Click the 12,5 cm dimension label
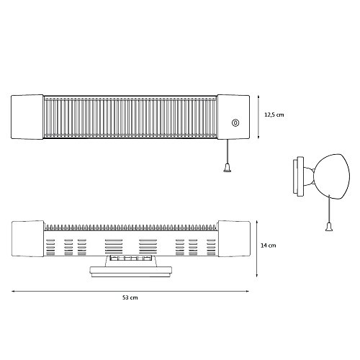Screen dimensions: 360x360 click(274, 114)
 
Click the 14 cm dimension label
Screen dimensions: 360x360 click(269, 246)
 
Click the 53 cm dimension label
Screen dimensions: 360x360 click(130, 297)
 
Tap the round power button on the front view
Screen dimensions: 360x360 click(235, 123)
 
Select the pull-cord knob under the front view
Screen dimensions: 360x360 click(227, 168)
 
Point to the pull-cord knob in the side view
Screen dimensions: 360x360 click(329, 227)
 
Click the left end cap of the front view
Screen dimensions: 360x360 click(27, 117)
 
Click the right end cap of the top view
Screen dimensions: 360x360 click(234, 239)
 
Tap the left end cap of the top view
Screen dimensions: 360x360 click(28, 239)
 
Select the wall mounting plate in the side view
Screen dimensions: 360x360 click(298, 176)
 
